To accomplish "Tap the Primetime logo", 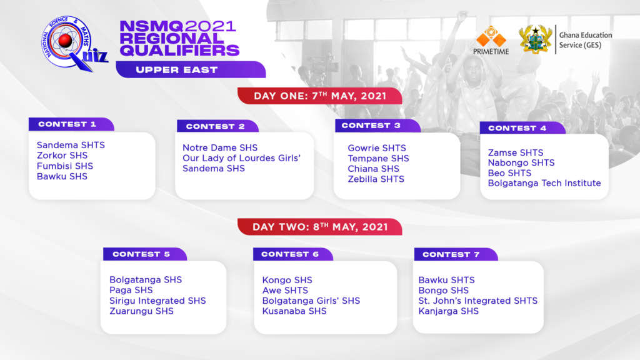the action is tap(491, 41).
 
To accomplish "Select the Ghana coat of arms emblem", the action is tap(535, 39).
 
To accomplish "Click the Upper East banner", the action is tap(191, 69).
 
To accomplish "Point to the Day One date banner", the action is tap(320, 96).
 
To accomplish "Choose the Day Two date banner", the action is tap(320, 227).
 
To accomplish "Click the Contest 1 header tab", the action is tap(71, 124).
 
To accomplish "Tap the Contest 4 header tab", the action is tap(522, 127).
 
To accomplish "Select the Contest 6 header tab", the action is tap(293, 254).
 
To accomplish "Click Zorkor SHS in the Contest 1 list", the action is tap(62, 156).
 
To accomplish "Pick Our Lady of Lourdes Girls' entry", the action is tap(242, 158).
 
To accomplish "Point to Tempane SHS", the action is tap(378, 158).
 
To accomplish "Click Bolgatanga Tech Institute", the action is tap(544, 183).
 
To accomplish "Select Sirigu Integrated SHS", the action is tap(157, 301).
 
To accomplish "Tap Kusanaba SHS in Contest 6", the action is tap(294, 311).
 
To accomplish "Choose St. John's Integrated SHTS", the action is tap(478, 301).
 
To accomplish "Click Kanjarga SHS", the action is tap(449, 311).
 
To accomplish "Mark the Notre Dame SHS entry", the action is tap(220, 147).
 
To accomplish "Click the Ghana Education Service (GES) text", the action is tap(586, 40).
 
